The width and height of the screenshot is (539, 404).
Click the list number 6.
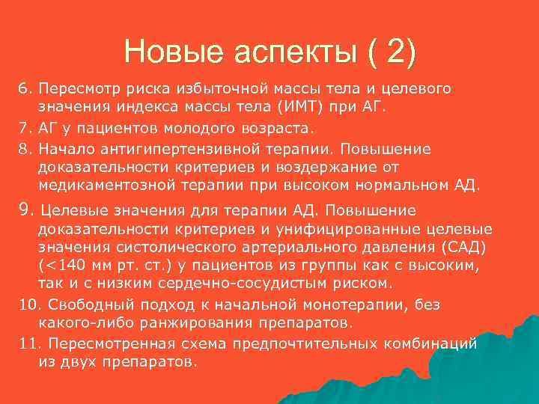[x=22, y=90]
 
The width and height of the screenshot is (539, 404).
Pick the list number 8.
[x=22, y=146]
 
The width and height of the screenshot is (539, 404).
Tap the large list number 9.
[x=23, y=210]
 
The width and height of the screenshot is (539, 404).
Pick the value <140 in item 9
[x=61, y=266]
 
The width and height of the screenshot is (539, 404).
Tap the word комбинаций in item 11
[x=435, y=343]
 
